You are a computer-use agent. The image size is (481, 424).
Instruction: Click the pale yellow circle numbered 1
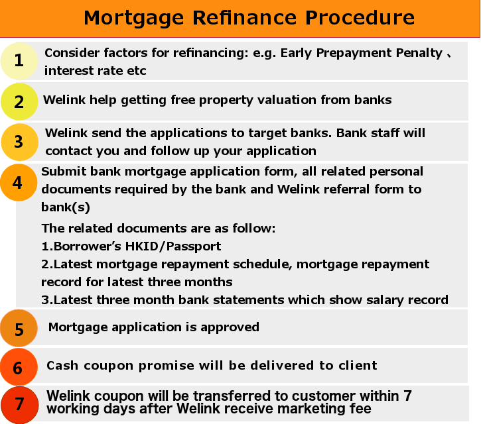pos(19,61)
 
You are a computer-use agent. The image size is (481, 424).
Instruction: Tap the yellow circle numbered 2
pos(19,101)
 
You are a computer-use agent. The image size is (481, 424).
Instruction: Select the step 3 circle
pos(20,142)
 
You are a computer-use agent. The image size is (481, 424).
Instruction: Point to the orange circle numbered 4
pos(19,182)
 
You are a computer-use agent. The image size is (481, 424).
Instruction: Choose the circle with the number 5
pos(19,328)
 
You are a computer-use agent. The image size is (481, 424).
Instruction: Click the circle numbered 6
pos(19,367)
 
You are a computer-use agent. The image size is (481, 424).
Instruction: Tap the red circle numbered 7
pos(20,405)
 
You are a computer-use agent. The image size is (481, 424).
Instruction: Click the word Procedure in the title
pos(360,17)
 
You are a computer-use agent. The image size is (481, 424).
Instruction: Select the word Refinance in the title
pos(245,17)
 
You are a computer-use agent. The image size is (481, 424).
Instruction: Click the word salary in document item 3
pos(385,300)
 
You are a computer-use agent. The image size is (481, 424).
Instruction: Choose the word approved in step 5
pos(230,327)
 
